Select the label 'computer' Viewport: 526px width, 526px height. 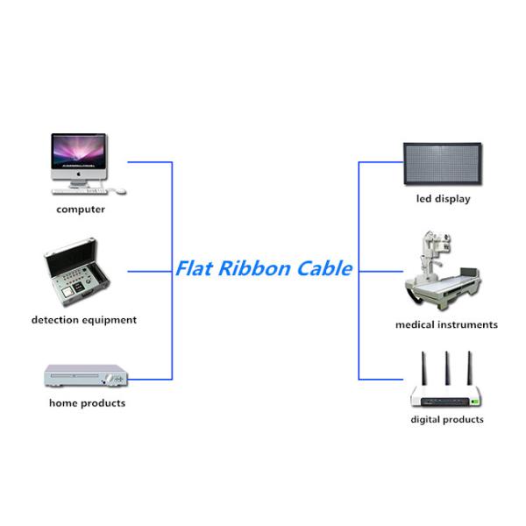click(x=81, y=210)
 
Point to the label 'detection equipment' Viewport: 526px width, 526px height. click(x=84, y=320)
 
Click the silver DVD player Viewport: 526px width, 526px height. click(x=83, y=378)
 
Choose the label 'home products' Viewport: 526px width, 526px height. click(x=87, y=403)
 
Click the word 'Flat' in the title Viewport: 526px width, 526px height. click(x=194, y=268)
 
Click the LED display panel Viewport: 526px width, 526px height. click(x=443, y=164)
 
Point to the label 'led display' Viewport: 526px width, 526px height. click(x=443, y=199)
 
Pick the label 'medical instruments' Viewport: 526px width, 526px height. click(x=446, y=325)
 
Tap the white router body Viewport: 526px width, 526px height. click(x=446, y=396)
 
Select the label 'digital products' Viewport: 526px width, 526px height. click(x=447, y=420)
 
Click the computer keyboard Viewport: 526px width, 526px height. click(x=81, y=191)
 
